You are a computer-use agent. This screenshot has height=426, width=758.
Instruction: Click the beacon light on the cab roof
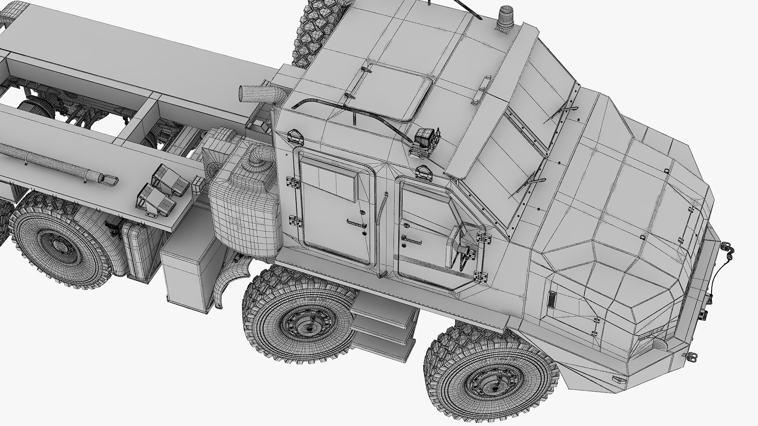(504, 18)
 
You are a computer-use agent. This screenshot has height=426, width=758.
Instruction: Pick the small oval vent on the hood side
(551, 299)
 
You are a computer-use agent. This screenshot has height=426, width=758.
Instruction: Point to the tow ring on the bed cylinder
(110, 180)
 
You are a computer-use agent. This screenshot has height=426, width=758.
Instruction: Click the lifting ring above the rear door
(295, 136)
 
